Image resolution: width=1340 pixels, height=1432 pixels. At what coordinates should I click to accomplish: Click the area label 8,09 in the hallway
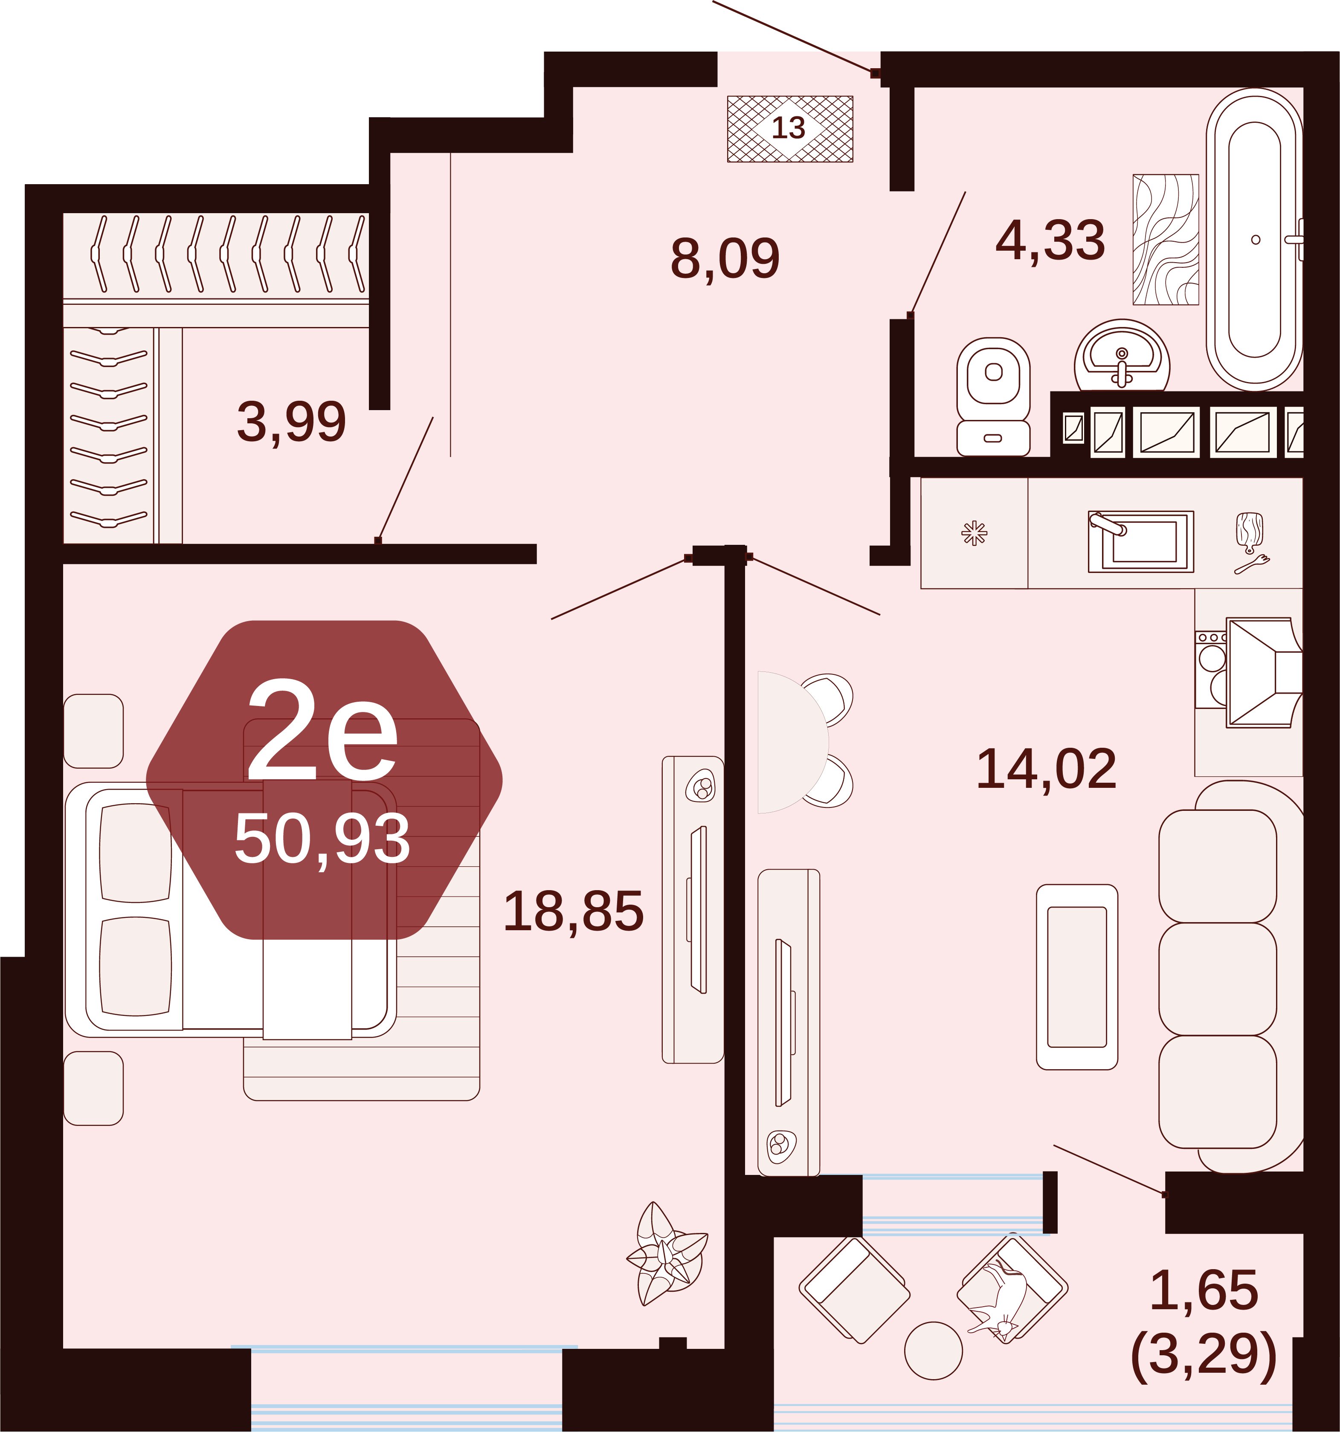pyautogui.click(x=725, y=258)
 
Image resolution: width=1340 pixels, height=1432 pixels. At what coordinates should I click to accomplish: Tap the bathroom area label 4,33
pyautogui.click(x=1050, y=240)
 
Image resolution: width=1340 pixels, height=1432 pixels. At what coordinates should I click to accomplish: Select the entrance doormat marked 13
pyautogui.click(x=789, y=129)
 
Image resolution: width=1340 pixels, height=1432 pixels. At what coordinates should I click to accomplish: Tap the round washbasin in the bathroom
pyautogui.click(x=1122, y=356)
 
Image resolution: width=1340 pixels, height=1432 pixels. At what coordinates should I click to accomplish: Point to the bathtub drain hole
pyautogui.click(x=1256, y=240)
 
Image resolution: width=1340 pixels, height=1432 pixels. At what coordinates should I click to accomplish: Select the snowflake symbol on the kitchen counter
pyautogui.click(x=974, y=533)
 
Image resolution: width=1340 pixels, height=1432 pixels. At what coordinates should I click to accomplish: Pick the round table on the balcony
pyautogui.click(x=934, y=1351)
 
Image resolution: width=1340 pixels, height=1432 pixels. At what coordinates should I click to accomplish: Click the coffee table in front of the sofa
pyautogui.click(x=1077, y=977)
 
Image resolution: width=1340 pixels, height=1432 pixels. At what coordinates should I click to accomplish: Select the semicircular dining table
pyautogui.click(x=792, y=742)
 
